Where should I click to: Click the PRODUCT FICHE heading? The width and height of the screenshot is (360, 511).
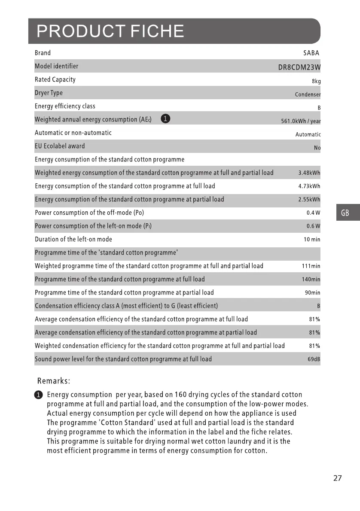(x=110, y=31)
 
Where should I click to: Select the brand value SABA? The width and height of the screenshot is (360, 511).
(x=311, y=53)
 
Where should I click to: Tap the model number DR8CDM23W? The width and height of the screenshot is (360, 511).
(x=299, y=67)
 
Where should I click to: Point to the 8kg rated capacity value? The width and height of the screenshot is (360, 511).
(x=316, y=81)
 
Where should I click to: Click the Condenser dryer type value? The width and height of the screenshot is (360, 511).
(x=308, y=94)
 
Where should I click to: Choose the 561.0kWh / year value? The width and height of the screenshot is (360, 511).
(x=301, y=121)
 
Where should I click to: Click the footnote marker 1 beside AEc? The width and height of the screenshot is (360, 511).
(x=165, y=119)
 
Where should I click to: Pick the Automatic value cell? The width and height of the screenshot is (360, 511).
(x=308, y=134)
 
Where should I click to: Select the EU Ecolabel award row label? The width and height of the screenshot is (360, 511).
(x=60, y=146)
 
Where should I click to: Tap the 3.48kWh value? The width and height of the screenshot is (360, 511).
(x=309, y=173)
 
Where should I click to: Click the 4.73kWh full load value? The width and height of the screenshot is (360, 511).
(x=309, y=186)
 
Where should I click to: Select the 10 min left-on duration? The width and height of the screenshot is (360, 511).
(x=312, y=240)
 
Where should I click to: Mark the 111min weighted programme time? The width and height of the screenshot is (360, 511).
(x=311, y=266)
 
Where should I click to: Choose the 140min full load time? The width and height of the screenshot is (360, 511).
(x=311, y=280)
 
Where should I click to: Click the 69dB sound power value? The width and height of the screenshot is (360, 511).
(x=314, y=359)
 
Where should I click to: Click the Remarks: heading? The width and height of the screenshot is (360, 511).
(x=54, y=381)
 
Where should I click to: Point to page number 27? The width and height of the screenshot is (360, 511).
(x=337, y=478)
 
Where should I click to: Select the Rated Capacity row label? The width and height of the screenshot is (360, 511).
(x=55, y=79)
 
